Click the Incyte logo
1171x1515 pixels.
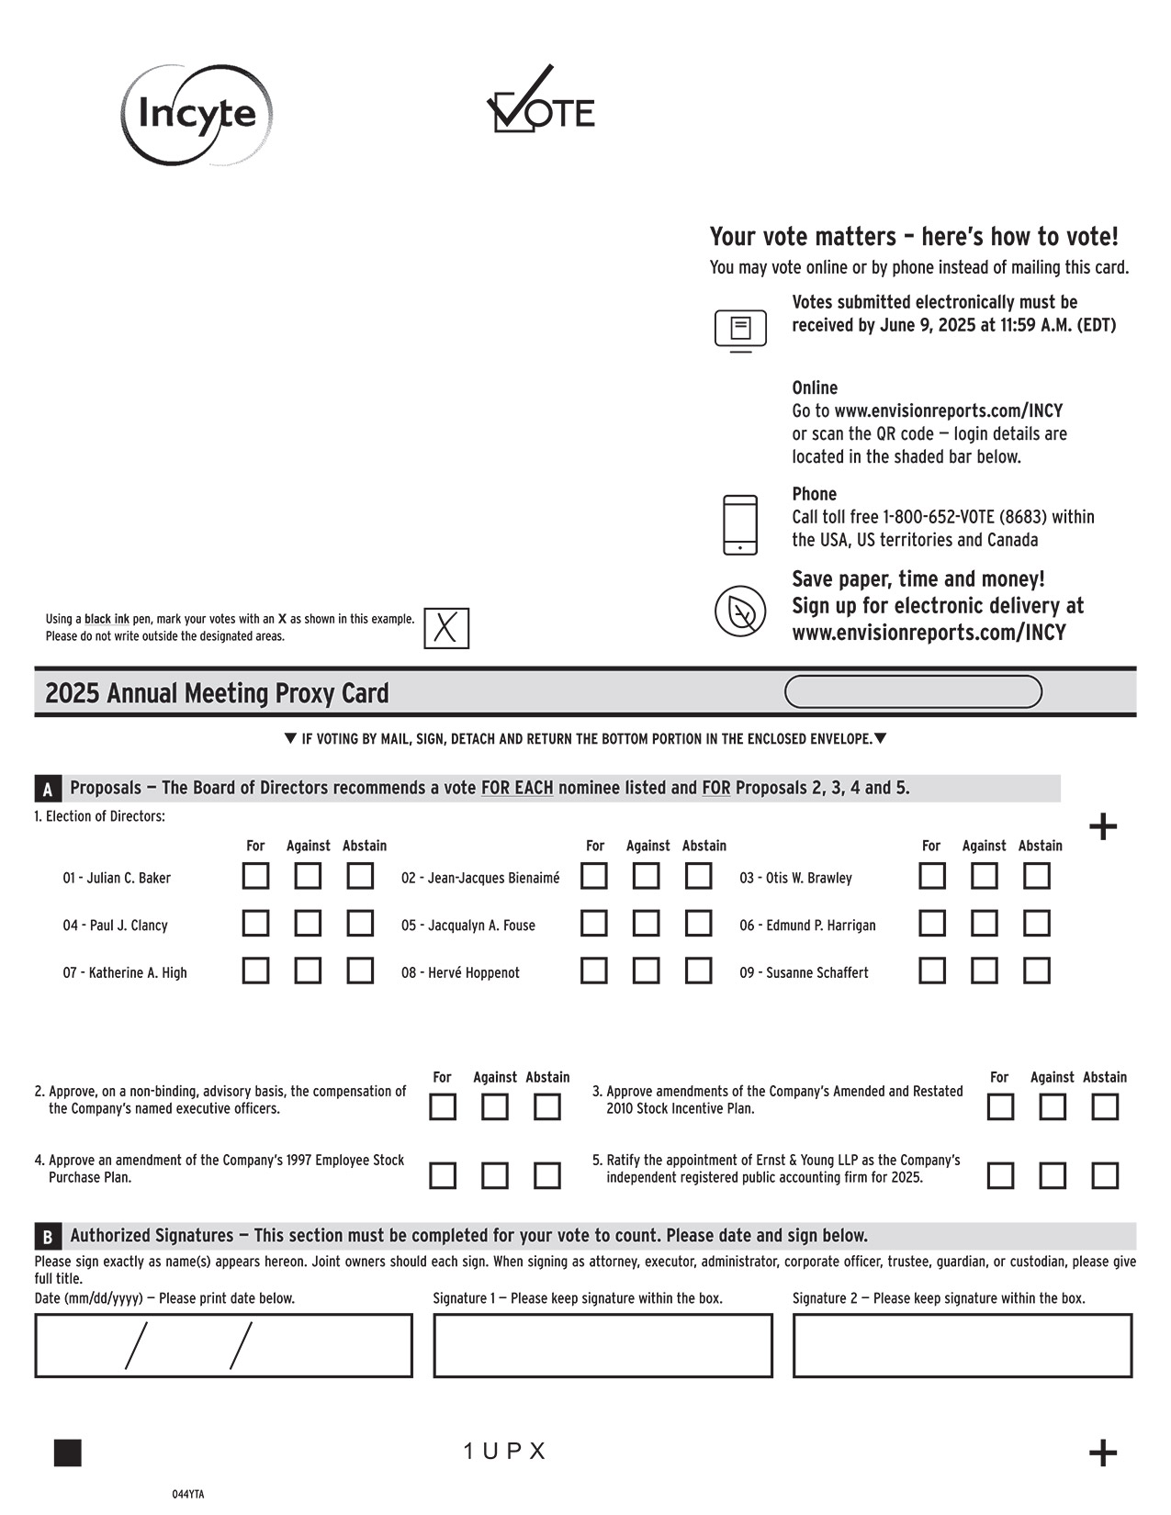pos(197,115)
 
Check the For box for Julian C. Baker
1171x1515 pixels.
pos(255,876)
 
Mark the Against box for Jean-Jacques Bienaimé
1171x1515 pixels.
pos(647,876)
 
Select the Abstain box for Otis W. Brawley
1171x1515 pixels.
pos(1037,876)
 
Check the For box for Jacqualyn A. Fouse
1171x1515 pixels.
pos(594,923)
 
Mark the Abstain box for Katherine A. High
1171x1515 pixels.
pos(360,971)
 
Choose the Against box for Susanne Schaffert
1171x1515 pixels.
pos(985,971)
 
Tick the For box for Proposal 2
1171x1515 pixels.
pos(443,1107)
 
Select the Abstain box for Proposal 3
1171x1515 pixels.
pos(1105,1107)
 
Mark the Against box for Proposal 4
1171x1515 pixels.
pos(495,1175)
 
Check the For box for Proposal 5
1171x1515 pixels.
pos(1000,1175)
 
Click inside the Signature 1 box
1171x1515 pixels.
pos(602,1346)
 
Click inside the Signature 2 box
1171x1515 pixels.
pos(962,1346)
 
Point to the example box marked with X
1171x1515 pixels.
pos(446,628)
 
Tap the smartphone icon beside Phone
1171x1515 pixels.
pos(740,525)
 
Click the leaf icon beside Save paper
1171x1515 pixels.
pos(740,611)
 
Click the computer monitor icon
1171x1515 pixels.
pos(740,330)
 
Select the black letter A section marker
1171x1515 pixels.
pos(48,789)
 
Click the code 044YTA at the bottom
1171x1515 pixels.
pos(188,1494)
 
